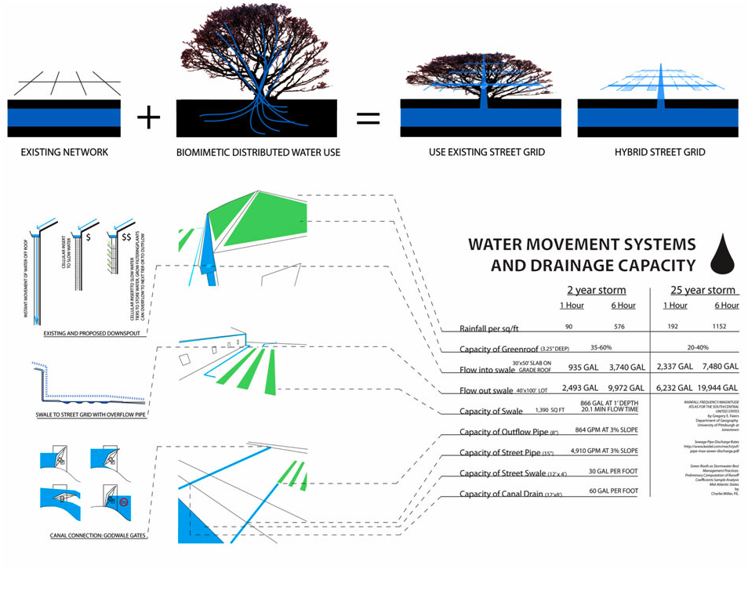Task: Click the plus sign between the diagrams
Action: (148, 118)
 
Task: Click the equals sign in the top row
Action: (369, 118)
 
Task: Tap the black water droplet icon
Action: (721, 256)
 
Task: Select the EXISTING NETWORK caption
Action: (64, 152)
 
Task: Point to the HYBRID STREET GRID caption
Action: (658, 152)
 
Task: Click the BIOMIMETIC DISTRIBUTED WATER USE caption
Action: (258, 152)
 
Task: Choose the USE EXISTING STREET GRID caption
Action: (487, 152)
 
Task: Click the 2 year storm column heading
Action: (597, 290)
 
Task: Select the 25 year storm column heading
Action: (699, 290)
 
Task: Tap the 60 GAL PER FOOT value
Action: (612, 491)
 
